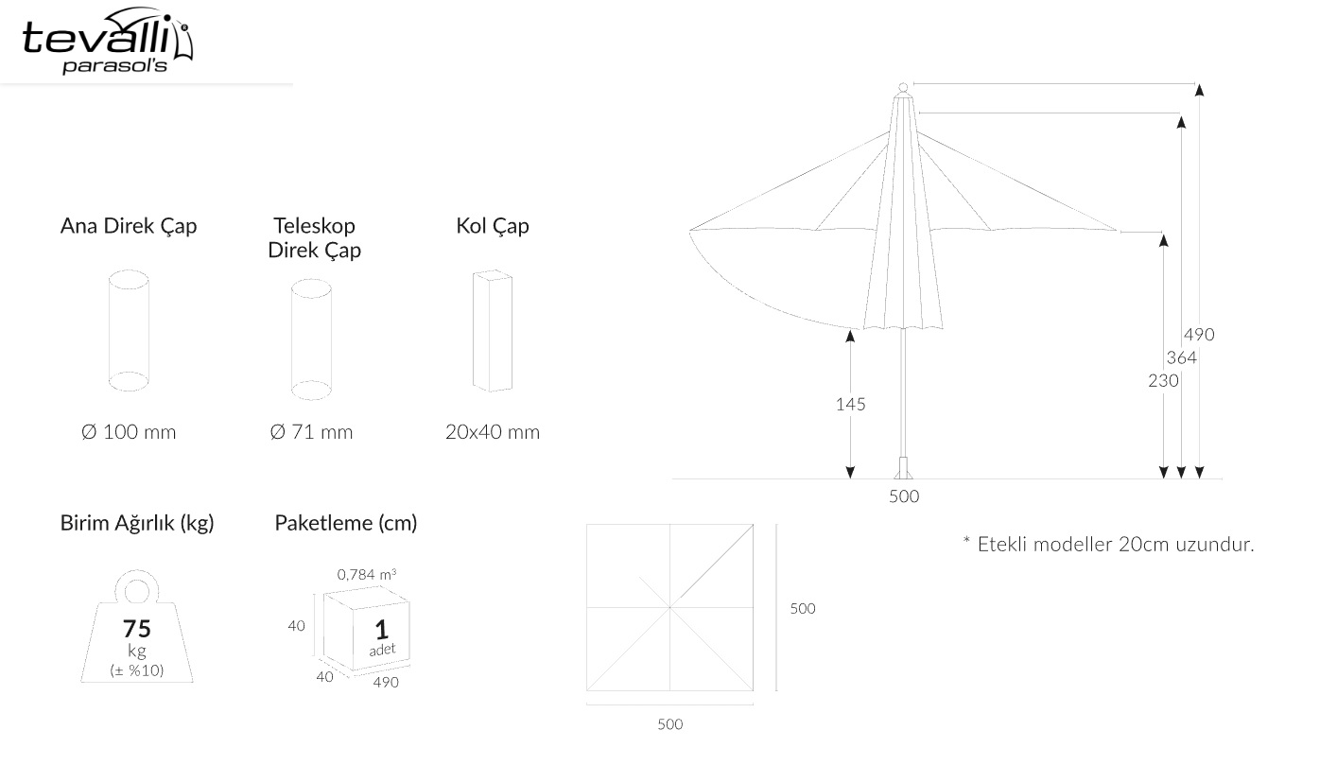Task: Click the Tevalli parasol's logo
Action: (x=108, y=41)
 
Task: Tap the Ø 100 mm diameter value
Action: (x=129, y=431)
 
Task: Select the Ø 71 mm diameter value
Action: (x=311, y=431)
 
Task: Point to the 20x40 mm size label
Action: (x=493, y=431)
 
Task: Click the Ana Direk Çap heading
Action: (x=129, y=226)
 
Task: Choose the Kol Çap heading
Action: (x=493, y=226)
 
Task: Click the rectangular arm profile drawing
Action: (x=493, y=331)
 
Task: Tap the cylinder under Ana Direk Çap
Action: (x=129, y=331)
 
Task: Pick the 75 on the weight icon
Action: (x=137, y=628)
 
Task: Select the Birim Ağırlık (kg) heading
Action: (x=137, y=523)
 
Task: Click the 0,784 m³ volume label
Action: (x=367, y=574)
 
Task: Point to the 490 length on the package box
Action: (x=386, y=682)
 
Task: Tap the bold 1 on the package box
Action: (x=381, y=630)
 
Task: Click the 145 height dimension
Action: (x=851, y=405)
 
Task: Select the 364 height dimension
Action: (x=1182, y=357)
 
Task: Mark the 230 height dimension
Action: (x=1163, y=381)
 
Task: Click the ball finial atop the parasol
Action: (x=903, y=87)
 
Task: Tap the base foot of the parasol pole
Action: (x=903, y=468)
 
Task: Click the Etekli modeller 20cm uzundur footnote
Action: (x=1109, y=545)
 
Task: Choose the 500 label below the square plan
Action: (x=669, y=724)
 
